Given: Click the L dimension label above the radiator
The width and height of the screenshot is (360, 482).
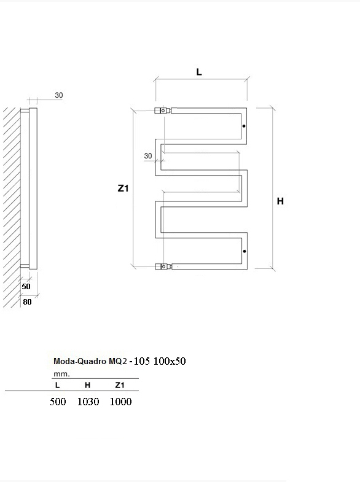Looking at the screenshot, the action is coord(199,72).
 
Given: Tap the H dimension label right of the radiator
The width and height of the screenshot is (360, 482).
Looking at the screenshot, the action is coord(280,201).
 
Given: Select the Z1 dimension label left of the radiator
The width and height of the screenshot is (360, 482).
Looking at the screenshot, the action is coord(123,188).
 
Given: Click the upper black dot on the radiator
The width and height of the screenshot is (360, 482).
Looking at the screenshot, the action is coord(244,126).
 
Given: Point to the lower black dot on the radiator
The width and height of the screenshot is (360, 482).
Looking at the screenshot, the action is coord(245,252).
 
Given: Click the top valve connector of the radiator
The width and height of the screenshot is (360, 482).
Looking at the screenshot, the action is coord(163,110).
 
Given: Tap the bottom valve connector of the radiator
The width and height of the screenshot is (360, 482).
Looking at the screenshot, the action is coord(163,266).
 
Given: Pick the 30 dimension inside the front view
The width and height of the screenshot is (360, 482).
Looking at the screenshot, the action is coord(148,156).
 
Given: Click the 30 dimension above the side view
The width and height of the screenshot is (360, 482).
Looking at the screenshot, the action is coord(59,95).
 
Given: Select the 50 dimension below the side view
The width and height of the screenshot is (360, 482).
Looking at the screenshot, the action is coord(26,287).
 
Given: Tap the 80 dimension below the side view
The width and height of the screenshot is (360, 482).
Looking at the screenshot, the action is coord(27,302).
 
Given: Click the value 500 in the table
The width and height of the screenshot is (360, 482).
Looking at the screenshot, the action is coord(58,402).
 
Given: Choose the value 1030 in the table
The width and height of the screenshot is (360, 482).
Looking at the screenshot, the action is coord(88,402).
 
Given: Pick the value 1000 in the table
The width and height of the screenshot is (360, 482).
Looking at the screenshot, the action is coord(120,402).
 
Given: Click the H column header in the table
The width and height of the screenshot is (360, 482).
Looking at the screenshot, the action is coord(88,385).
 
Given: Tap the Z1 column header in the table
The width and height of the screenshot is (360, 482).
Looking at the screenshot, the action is coord(120,385).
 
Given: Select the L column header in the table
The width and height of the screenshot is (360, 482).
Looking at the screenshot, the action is coord(57,385).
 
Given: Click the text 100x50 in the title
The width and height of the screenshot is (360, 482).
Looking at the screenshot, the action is coord(170,361).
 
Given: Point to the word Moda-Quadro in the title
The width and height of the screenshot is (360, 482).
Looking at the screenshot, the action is coord(80,361).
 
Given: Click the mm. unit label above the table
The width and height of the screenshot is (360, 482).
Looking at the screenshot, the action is coord(61,374).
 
